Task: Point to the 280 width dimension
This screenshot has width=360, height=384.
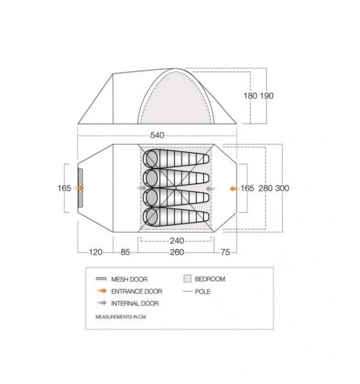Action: click(x=267, y=189)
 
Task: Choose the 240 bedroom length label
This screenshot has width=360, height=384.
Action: click(x=177, y=241)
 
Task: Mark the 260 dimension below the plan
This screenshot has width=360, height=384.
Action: click(x=177, y=252)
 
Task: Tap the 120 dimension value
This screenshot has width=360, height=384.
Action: click(x=95, y=252)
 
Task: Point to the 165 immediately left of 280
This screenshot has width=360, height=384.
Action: click(x=247, y=189)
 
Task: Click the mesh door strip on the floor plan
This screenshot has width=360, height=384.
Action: click(x=81, y=189)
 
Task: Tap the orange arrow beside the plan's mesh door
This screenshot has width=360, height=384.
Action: click(x=79, y=189)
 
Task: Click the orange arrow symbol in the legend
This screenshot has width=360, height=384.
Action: click(x=100, y=291)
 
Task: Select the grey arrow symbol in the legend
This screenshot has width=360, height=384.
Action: click(x=100, y=303)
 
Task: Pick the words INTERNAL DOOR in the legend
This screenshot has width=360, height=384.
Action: click(x=136, y=303)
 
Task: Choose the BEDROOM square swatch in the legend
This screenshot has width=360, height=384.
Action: click(x=187, y=279)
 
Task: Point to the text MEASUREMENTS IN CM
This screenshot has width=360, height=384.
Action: click(x=125, y=317)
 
